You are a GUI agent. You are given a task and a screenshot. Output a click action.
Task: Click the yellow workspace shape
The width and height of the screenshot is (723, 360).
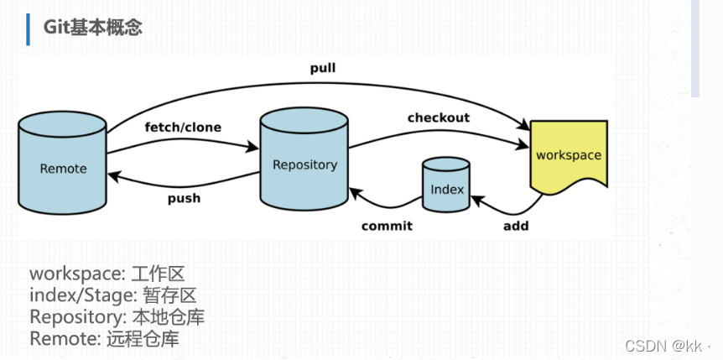pyautogui.click(x=569, y=155)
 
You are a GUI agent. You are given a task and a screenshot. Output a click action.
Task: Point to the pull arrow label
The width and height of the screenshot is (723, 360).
pyautogui.click(x=322, y=68)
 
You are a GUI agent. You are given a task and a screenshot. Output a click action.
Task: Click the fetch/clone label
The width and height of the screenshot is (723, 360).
pyautogui.click(x=183, y=128)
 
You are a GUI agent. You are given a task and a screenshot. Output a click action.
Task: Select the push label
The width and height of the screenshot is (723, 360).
pyautogui.click(x=184, y=199)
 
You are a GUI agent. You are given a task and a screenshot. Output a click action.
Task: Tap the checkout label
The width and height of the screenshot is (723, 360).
pyautogui.click(x=439, y=117)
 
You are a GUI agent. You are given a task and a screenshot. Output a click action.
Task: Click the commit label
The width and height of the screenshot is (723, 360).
pyautogui.click(x=387, y=226)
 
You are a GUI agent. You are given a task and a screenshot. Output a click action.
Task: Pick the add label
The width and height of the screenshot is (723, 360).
pyautogui.click(x=516, y=226)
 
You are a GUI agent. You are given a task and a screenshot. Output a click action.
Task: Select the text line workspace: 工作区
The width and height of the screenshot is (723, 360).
pyautogui.click(x=107, y=274)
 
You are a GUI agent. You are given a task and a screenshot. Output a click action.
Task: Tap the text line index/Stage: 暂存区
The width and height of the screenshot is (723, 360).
pyautogui.click(x=113, y=295)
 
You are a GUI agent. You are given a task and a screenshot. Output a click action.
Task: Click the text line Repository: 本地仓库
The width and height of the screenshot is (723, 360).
pyautogui.click(x=117, y=317)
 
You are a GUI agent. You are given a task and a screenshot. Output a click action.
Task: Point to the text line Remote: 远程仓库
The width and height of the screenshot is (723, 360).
pyautogui.click(x=104, y=339)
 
